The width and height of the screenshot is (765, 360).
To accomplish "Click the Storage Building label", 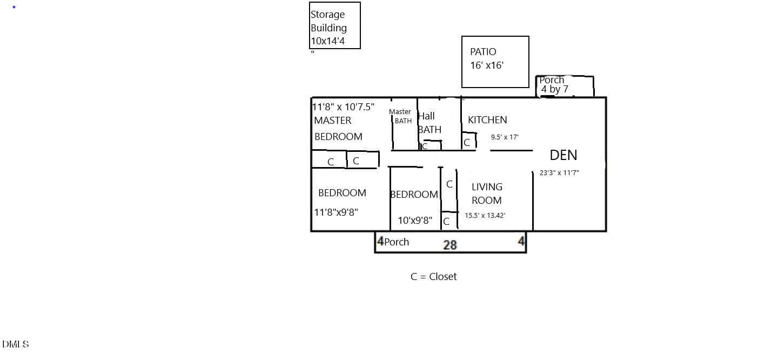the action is click(x=328, y=21).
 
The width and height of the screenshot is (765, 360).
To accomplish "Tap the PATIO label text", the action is click(x=483, y=52).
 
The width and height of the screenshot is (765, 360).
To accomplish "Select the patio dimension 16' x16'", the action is click(x=487, y=65).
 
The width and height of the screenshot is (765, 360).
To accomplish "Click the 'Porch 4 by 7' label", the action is click(x=554, y=84).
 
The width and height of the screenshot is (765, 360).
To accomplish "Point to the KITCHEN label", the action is click(x=487, y=120).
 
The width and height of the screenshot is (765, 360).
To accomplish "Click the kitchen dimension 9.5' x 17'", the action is click(x=505, y=137).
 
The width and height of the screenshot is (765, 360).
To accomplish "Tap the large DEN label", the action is click(x=563, y=155).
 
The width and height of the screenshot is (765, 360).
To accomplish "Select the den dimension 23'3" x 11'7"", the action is click(x=559, y=173).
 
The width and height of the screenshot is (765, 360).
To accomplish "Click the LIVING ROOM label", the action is click(x=487, y=194).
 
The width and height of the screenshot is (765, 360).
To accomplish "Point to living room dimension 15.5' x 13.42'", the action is click(x=485, y=216).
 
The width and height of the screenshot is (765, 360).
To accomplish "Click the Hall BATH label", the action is click(x=430, y=123).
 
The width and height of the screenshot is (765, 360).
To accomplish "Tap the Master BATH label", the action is click(x=400, y=116).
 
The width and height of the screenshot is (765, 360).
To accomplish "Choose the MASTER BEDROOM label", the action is click(x=338, y=129).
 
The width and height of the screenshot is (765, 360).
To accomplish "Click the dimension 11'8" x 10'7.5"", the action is click(x=343, y=107).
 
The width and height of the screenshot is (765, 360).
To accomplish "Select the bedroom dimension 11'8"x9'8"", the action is click(x=336, y=212).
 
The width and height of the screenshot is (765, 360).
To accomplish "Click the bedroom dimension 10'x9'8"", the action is click(x=415, y=221).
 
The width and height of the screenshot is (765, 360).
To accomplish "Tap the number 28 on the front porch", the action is click(x=450, y=245).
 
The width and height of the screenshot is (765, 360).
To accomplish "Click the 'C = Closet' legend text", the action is click(x=433, y=276).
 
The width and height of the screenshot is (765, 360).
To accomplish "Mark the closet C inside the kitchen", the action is click(x=467, y=142).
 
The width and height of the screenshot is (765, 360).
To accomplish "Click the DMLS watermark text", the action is click(x=15, y=344).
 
